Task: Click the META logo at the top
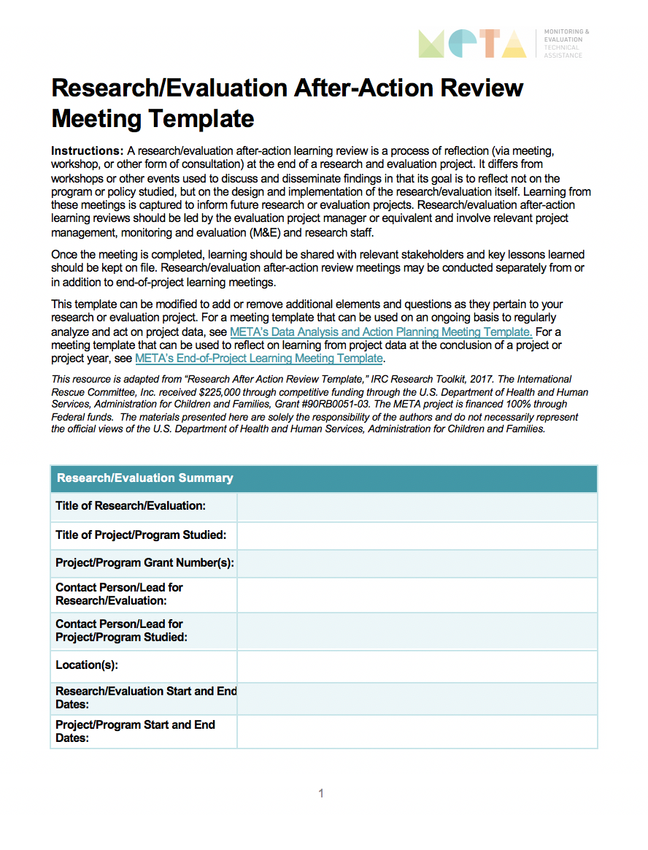tap(472, 44)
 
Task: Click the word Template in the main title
tap(204, 118)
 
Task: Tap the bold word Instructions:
tap(87, 151)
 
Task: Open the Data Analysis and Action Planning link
tap(380, 332)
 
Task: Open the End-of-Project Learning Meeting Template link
tap(259, 359)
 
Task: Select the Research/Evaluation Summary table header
tap(145, 478)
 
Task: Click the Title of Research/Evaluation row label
tap(131, 506)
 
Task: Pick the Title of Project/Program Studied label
tap(141, 535)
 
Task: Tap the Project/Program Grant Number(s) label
tap(144, 563)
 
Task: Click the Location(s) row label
tap(87, 665)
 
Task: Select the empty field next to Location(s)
tap(417, 666)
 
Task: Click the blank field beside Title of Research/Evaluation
tap(417, 507)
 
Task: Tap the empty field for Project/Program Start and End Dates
tap(417, 732)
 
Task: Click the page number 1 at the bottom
tap(321, 793)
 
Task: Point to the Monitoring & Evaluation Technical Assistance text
tap(564, 44)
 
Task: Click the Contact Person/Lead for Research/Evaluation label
tap(119, 594)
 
